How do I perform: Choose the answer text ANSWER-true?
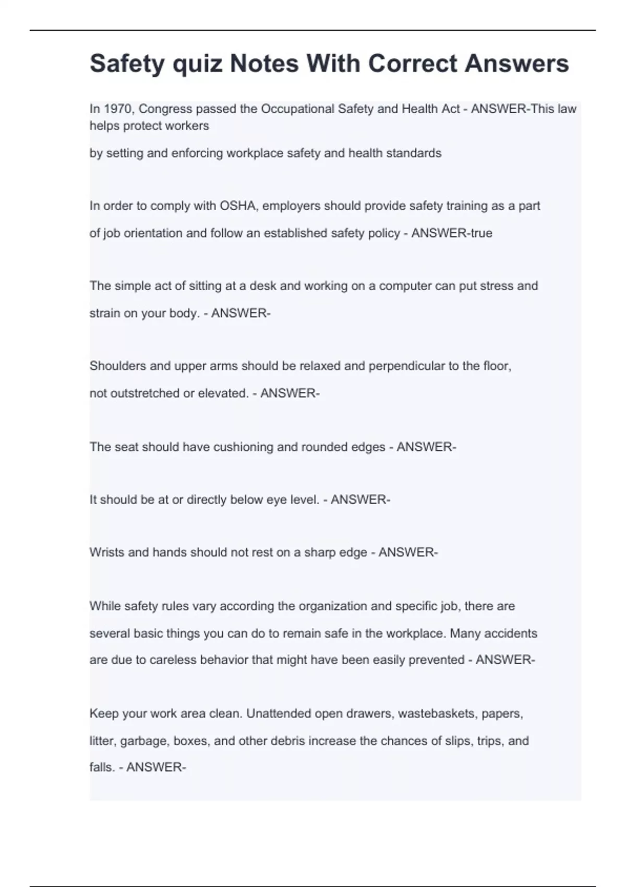[452, 233]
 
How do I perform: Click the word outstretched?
[135, 393]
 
